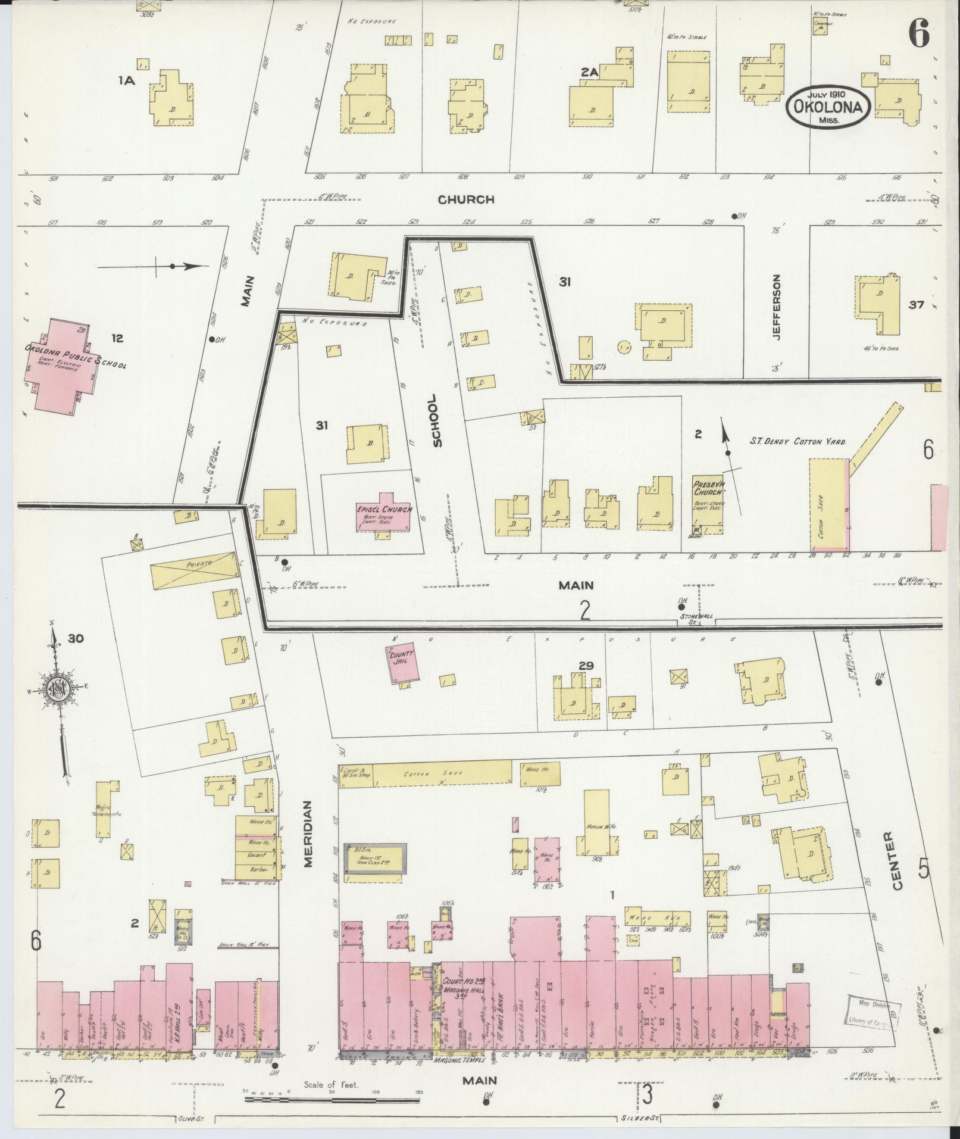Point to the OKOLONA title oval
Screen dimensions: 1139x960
point(827,107)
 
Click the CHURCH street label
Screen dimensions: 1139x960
point(466,199)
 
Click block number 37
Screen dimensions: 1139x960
point(915,305)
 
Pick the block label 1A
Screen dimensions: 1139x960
point(127,81)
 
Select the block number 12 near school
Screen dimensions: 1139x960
point(117,338)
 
